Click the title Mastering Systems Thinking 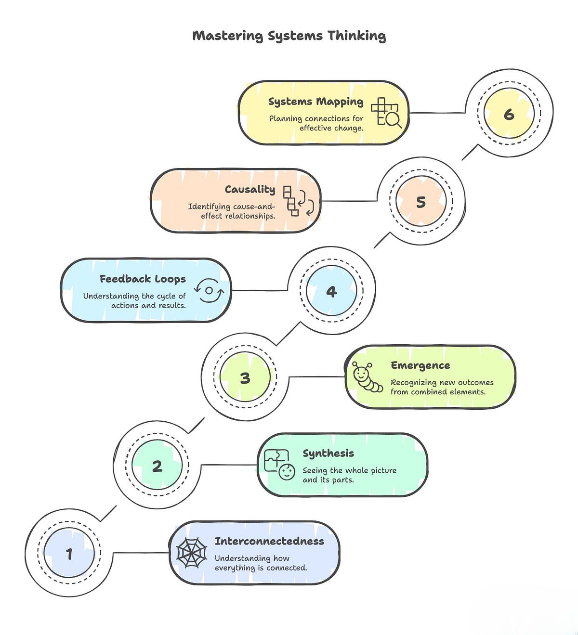(x=289, y=36)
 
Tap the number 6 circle (x=509, y=113)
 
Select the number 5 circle (x=420, y=201)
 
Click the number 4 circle (x=331, y=291)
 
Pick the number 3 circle (x=245, y=377)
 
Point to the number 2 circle (x=157, y=465)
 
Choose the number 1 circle (x=69, y=553)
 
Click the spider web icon (x=192, y=553)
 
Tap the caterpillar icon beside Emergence (x=367, y=377)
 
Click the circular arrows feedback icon (x=209, y=290)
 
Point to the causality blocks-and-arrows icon (x=298, y=201)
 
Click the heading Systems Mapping (x=316, y=102)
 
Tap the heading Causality (x=250, y=189)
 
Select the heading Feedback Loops (x=143, y=279)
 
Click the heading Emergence (x=420, y=365)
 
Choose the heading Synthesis (x=328, y=454)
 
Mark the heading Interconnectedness (x=269, y=541)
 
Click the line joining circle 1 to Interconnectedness (x=141, y=553)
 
